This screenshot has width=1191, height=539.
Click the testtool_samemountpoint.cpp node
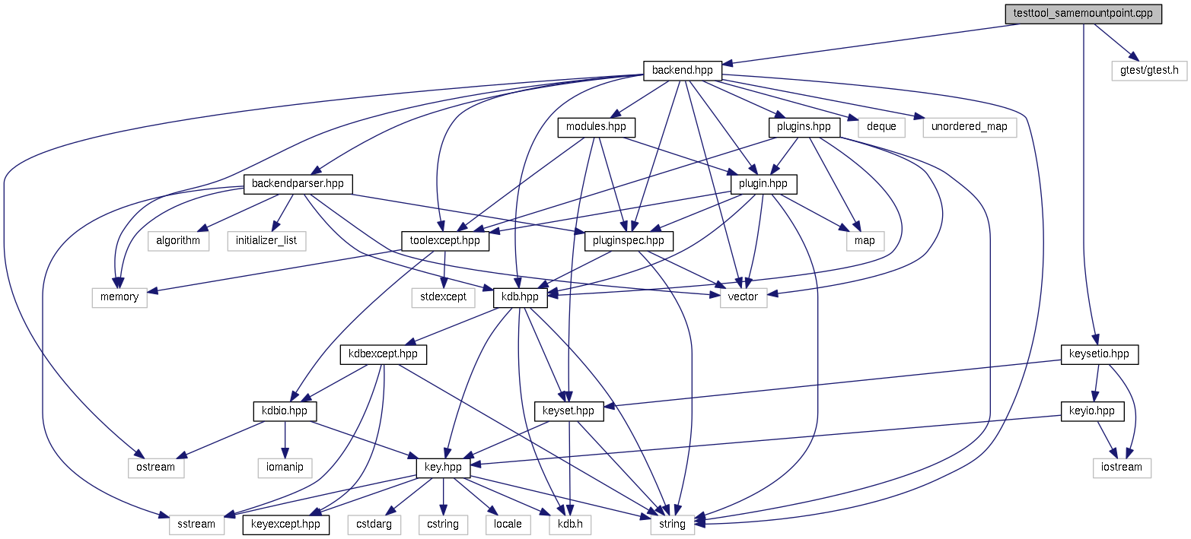[x=1083, y=14]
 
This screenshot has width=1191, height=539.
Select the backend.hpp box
[x=682, y=71]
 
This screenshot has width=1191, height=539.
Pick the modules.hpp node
[x=596, y=127]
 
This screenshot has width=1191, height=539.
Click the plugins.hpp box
[x=804, y=127]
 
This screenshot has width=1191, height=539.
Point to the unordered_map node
[x=970, y=127]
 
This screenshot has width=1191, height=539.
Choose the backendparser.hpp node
[x=298, y=184]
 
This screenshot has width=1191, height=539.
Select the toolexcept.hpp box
[x=445, y=241]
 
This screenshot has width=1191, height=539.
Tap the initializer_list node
[x=266, y=241]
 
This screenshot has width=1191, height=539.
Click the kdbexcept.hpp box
[x=383, y=354]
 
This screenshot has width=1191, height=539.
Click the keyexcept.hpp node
[x=285, y=524]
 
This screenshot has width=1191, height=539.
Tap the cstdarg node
[x=374, y=524]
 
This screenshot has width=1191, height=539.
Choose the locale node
[x=508, y=524]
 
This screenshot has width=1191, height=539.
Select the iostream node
[x=1122, y=467]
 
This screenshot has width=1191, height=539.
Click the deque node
[x=882, y=127]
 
